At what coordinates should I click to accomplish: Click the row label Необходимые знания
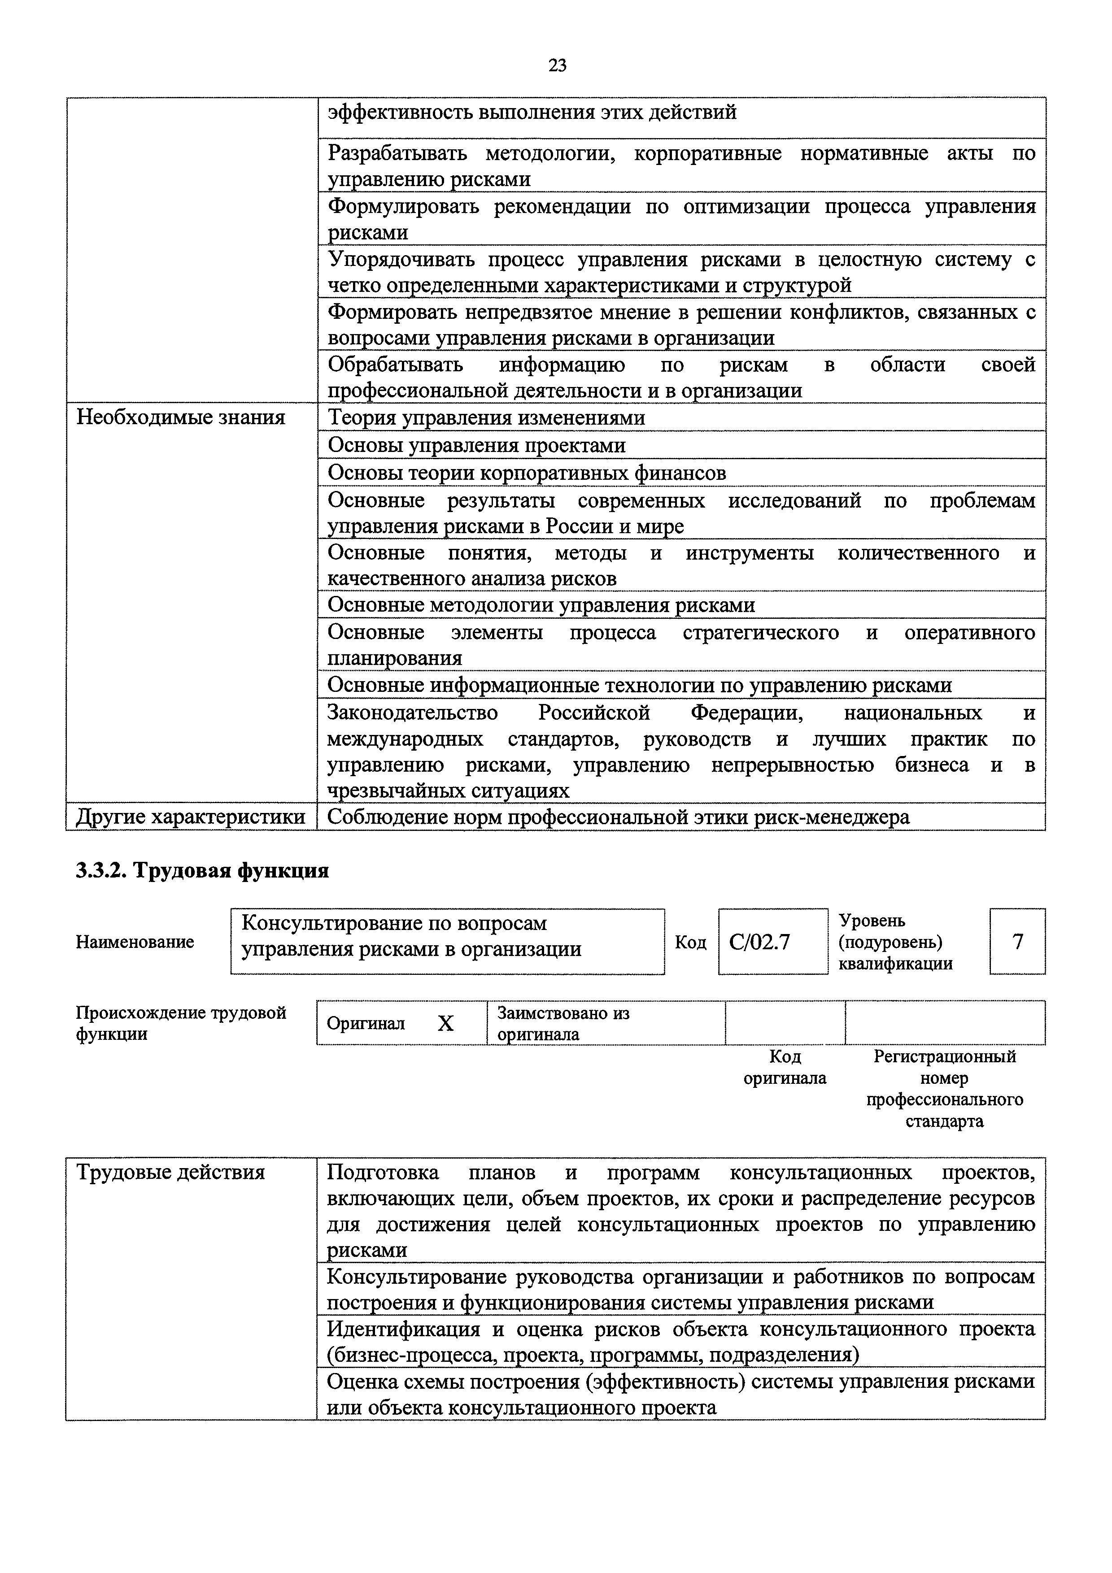[x=181, y=417]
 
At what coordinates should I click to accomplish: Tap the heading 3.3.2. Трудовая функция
[x=202, y=871]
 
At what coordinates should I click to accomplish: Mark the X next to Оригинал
[x=445, y=1024]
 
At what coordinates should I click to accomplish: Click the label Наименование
[x=135, y=942]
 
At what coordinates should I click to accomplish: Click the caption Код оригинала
[x=785, y=1067]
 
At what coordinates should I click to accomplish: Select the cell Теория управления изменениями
[x=486, y=417]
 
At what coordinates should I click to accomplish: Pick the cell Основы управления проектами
[x=476, y=445]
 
